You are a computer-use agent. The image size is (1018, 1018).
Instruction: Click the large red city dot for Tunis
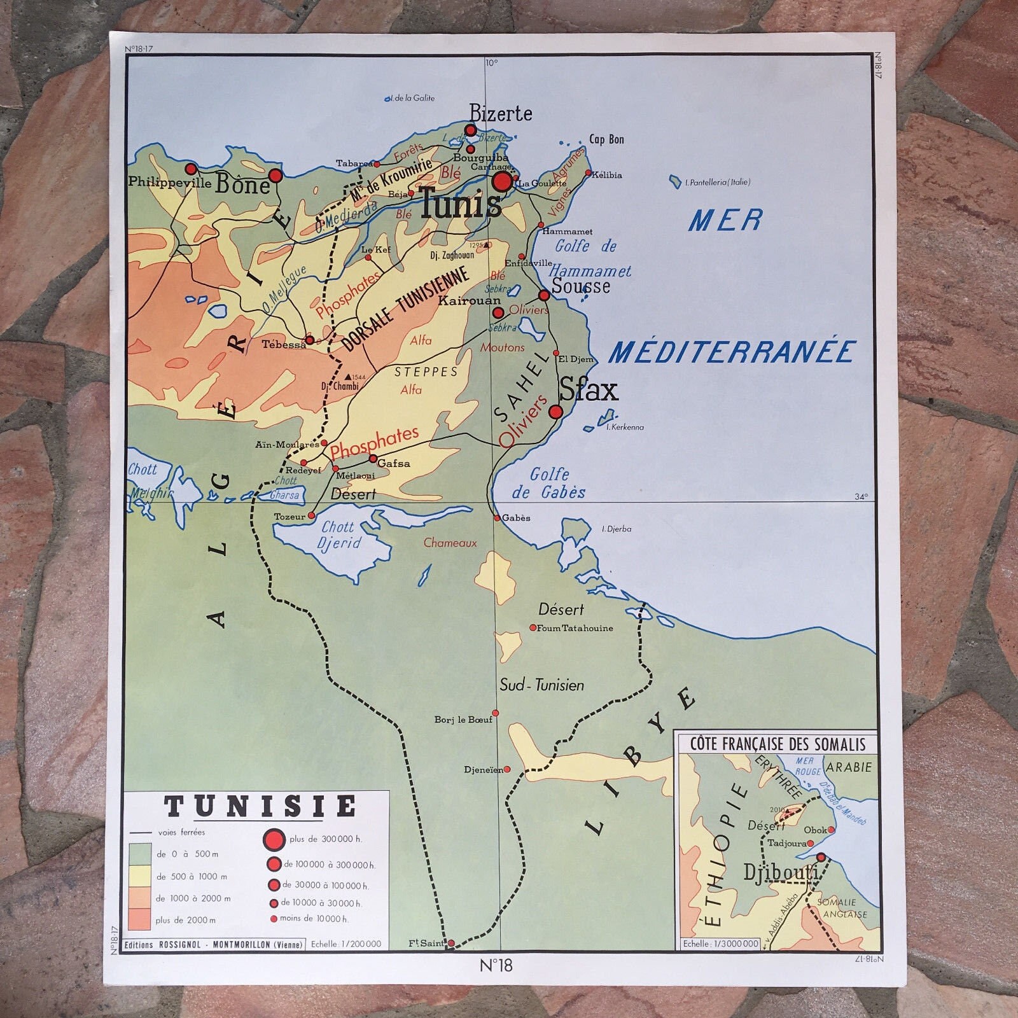(502, 182)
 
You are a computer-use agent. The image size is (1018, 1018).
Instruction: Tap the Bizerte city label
(501, 114)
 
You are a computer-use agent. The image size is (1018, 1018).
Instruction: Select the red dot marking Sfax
(555, 412)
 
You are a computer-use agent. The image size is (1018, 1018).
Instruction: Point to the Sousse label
(581, 286)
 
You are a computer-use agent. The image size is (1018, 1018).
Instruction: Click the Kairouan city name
(470, 300)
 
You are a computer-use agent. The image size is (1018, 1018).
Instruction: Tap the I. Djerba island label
(617, 529)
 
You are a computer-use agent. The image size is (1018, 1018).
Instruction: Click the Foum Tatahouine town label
(575, 628)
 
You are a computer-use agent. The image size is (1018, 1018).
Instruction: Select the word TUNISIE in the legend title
(260, 807)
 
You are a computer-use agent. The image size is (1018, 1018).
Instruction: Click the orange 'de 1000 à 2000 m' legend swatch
(139, 898)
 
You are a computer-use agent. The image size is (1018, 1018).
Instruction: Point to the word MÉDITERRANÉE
(732, 352)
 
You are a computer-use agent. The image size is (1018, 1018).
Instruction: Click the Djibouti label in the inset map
(781, 873)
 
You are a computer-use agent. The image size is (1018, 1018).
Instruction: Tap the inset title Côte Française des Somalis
(777, 744)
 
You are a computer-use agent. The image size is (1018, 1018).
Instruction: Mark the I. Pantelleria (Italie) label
(717, 183)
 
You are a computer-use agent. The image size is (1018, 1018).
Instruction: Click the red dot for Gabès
(498, 518)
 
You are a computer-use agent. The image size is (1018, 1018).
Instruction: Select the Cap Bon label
(606, 139)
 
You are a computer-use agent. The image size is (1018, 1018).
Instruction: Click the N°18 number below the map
(496, 966)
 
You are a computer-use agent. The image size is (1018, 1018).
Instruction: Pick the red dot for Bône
(275, 175)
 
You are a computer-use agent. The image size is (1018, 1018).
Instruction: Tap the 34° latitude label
(861, 497)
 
